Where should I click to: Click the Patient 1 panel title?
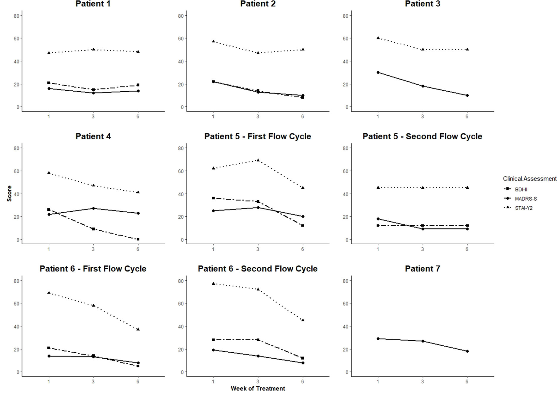[x=93, y=4]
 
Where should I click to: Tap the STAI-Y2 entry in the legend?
[x=524, y=208]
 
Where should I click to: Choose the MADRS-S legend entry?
[x=526, y=199]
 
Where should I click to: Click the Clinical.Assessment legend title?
[x=530, y=179]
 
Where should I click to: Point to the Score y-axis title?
[x=9, y=193]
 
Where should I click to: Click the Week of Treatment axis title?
[x=258, y=388]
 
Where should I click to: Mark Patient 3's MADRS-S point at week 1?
[x=378, y=72]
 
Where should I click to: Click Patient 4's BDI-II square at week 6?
[x=138, y=239]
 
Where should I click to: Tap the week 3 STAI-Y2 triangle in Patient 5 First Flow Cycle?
[x=258, y=160]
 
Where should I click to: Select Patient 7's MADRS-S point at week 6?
[x=467, y=351]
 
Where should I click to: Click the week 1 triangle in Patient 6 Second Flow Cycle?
[x=213, y=283]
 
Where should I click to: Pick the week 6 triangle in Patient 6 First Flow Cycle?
[x=138, y=329]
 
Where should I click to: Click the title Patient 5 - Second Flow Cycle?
[x=422, y=137]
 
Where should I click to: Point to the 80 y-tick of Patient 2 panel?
[x=181, y=15]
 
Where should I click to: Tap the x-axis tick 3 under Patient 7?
[x=423, y=381]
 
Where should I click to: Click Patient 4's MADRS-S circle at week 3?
[x=93, y=208]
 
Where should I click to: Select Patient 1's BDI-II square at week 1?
[x=49, y=83]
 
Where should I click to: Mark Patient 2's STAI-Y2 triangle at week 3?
[x=258, y=53]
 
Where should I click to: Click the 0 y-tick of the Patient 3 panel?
[x=347, y=107]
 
